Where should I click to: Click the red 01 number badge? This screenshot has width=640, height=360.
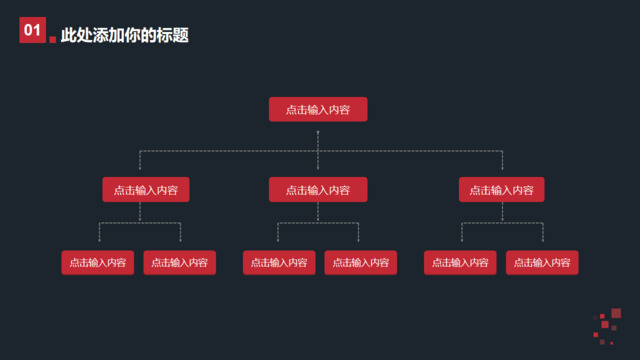point(32,32)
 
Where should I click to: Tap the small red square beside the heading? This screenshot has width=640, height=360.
point(52,40)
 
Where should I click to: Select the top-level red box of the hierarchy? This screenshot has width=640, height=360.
point(318,109)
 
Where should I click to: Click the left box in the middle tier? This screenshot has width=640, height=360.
point(146,189)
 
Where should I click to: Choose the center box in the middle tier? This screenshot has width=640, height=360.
point(318,189)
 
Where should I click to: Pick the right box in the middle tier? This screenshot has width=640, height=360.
point(502,189)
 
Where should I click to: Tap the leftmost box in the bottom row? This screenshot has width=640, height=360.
point(98,263)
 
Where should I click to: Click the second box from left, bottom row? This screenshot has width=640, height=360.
point(180,263)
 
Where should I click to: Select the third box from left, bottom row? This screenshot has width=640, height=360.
point(279,263)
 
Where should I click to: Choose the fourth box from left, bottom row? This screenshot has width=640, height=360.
point(360,263)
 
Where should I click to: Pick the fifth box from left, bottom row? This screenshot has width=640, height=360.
point(461,263)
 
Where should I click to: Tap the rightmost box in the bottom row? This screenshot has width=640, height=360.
point(542,263)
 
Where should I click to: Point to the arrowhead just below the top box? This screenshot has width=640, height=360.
point(318,131)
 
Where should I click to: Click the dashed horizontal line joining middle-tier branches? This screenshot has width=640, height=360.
point(230,151)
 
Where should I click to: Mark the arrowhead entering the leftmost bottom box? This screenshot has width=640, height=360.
point(99,241)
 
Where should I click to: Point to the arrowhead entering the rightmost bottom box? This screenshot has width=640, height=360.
point(543,241)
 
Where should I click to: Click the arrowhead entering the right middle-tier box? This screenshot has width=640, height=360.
point(502,168)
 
